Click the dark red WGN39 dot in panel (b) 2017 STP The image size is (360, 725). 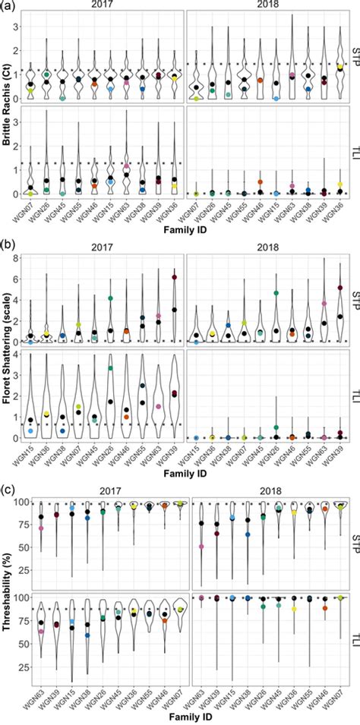click(x=174, y=277)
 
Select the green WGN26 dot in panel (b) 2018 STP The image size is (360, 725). click(x=276, y=293)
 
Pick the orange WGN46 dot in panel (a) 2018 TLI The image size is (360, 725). click(x=260, y=182)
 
